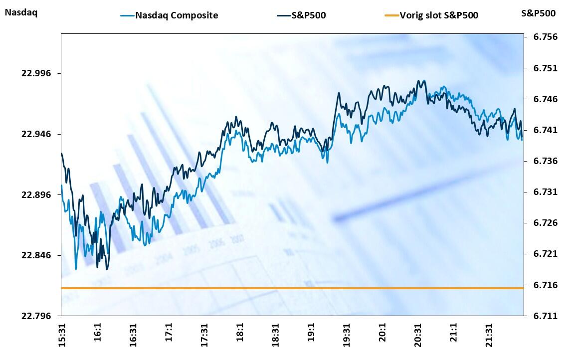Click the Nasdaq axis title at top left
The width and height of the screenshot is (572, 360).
pyautogui.click(x=20, y=12)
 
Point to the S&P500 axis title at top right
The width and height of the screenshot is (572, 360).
pyautogui.click(x=538, y=13)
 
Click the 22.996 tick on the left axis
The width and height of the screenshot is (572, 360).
pyautogui.click(x=36, y=73)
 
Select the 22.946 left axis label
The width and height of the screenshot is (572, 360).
pyautogui.click(x=36, y=134)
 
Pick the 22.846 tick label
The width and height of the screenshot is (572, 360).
pyautogui.click(x=36, y=255)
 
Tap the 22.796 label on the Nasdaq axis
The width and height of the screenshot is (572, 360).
pyautogui.click(x=36, y=316)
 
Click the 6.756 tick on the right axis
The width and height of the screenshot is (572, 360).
pyautogui.click(x=541, y=37)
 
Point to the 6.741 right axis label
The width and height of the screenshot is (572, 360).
pyautogui.click(x=541, y=130)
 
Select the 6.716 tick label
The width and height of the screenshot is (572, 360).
pyautogui.click(x=541, y=285)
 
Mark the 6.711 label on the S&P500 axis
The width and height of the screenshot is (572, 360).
pyautogui.click(x=541, y=316)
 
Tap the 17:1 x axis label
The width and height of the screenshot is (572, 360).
pyautogui.click(x=169, y=333)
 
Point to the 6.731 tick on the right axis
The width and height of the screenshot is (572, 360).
pyautogui.click(x=541, y=192)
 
